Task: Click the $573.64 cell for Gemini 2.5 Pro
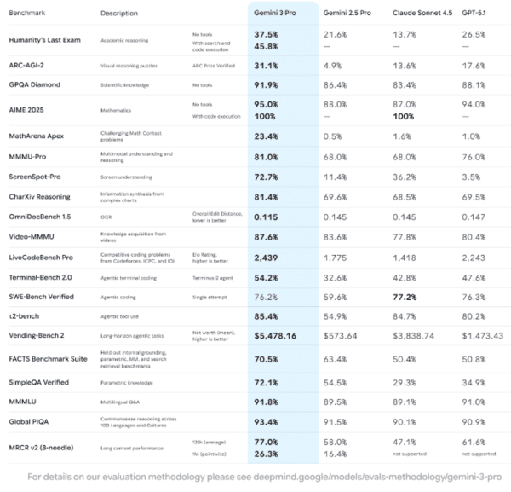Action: point(342,336)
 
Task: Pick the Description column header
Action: point(118,14)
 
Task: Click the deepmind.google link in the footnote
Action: point(341,480)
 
